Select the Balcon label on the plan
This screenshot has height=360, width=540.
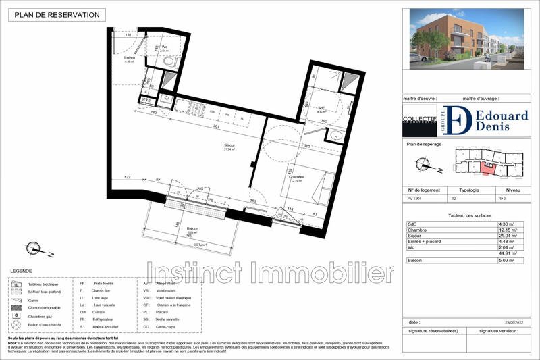192,229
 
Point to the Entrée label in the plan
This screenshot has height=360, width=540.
129,58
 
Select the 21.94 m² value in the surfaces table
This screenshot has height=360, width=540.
508,236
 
